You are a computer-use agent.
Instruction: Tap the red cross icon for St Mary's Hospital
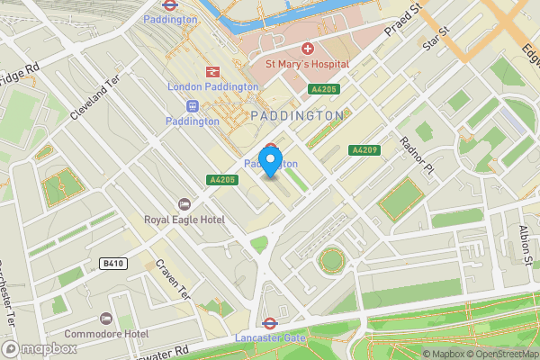(307, 48)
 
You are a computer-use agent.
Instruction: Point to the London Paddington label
(213, 86)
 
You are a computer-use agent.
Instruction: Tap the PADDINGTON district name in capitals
(297, 115)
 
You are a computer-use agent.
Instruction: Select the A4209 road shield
(364, 149)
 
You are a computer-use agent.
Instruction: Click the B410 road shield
(111, 263)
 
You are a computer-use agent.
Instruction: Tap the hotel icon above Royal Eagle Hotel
(185, 203)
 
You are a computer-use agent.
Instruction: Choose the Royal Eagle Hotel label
(184, 219)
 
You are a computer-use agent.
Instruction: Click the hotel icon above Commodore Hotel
(105, 319)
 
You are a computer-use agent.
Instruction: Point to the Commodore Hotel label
(112, 334)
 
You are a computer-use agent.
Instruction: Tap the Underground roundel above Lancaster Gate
(268, 323)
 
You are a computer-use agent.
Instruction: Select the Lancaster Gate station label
(269, 337)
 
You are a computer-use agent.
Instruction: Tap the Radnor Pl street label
(417, 143)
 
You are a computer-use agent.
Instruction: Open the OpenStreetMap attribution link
(500, 354)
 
